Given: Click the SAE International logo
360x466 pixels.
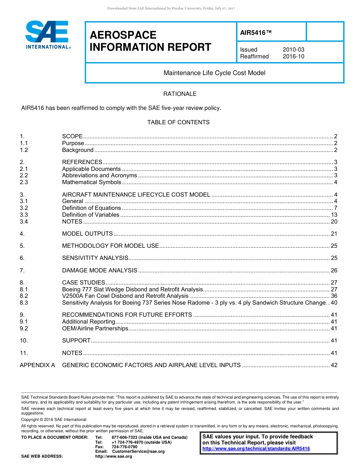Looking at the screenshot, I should pyautogui.click(x=47, y=35).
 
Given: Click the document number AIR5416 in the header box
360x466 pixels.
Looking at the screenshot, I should pyautogui.click(x=256, y=33).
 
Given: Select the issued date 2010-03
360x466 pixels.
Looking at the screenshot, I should pyautogui.click(x=293, y=50).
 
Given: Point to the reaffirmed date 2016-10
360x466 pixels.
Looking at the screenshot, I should pyautogui.click(x=293, y=56).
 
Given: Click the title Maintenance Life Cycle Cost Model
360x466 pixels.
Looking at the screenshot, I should pyautogui.click(x=214, y=73).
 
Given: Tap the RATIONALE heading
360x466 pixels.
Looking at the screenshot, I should pyautogui.click(x=180, y=94).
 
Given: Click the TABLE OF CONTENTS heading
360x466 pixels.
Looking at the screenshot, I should pyautogui.click(x=178, y=122).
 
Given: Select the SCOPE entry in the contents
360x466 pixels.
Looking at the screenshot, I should pyautogui.click(x=72, y=136).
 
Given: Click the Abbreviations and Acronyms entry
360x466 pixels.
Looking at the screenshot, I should pyautogui.click(x=99, y=175).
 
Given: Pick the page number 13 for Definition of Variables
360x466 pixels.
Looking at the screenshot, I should pyautogui.click(x=334, y=215).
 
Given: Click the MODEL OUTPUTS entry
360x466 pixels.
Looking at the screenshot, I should pyautogui.click(x=88, y=234).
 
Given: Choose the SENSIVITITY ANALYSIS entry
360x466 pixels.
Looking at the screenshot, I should pyautogui.click(x=95, y=258).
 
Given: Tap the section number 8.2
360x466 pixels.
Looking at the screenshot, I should pyautogui.click(x=24, y=296).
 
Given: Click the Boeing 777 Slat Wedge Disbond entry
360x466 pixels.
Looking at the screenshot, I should pyautogui.click(x=133, y=289).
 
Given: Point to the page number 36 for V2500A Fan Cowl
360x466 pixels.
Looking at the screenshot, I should pyautogui.click(x=334, y=296).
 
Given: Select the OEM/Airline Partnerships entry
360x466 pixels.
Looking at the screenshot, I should pyautogui.click(x=95, y=328).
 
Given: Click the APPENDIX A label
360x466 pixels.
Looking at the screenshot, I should pyautogui.click(x=37, y=365).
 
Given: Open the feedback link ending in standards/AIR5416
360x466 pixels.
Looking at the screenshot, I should pyautogui.click(x=256, y=449).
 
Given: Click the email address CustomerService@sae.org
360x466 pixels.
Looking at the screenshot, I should pyautogui.click(x=138, y=452).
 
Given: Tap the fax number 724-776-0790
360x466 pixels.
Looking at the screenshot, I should pyautogui.click(x=124, y=447).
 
